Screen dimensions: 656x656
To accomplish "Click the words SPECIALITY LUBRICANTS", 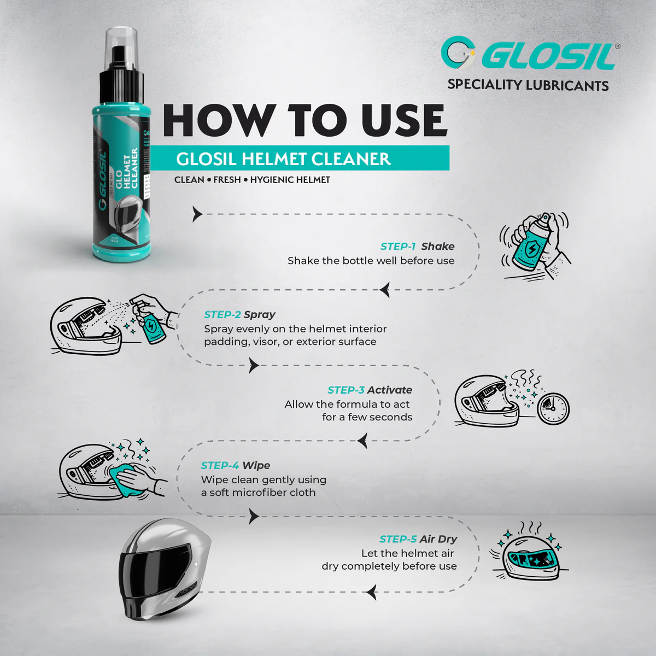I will point(528,85).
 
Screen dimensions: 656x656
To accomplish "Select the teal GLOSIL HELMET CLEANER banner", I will point(300,159).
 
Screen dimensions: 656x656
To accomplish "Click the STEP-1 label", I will point(398,247).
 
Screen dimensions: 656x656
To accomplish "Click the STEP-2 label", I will point(222,315).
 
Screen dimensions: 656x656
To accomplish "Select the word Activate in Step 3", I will point(390,390).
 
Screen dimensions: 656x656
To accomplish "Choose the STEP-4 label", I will point(220,466).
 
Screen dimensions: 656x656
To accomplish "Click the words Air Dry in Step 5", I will point(438,540).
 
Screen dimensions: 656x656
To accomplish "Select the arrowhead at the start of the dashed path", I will point(197,214).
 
